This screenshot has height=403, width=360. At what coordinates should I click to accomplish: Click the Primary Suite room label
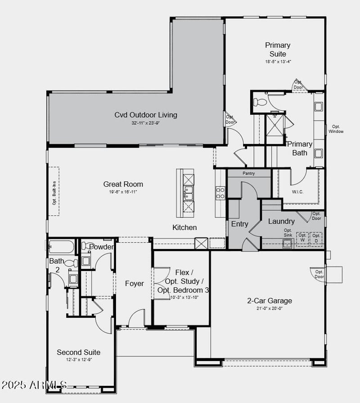pos(278,50)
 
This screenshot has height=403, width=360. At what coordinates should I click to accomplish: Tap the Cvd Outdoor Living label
pos(145,115)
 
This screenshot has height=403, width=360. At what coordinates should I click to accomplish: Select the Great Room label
pos(123,184)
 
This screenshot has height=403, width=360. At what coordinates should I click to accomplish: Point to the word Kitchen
pos(184,227)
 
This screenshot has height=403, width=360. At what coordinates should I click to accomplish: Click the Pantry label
pos(248,173)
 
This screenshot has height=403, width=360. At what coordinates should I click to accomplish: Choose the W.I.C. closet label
pos(297,191)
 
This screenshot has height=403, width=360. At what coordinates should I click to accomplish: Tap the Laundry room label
pos(281,221)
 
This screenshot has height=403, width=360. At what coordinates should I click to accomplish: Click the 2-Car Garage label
pos(270,301)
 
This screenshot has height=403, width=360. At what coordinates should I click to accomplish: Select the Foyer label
pos(134,283)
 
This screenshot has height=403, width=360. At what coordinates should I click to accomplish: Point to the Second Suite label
pos(78,352)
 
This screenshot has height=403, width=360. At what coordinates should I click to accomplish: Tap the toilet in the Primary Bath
pos(260,101)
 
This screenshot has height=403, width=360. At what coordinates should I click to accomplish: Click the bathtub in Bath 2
pos(62,247)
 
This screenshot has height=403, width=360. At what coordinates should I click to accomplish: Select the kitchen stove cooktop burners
pos(220,193)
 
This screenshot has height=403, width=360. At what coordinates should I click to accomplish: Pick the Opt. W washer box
pos(302,237)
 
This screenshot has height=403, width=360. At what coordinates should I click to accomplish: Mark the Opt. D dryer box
pos(316,237)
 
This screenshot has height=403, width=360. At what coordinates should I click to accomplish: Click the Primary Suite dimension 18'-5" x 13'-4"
pos(278,62)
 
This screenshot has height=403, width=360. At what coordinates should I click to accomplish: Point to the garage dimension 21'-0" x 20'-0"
pos(270,308)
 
